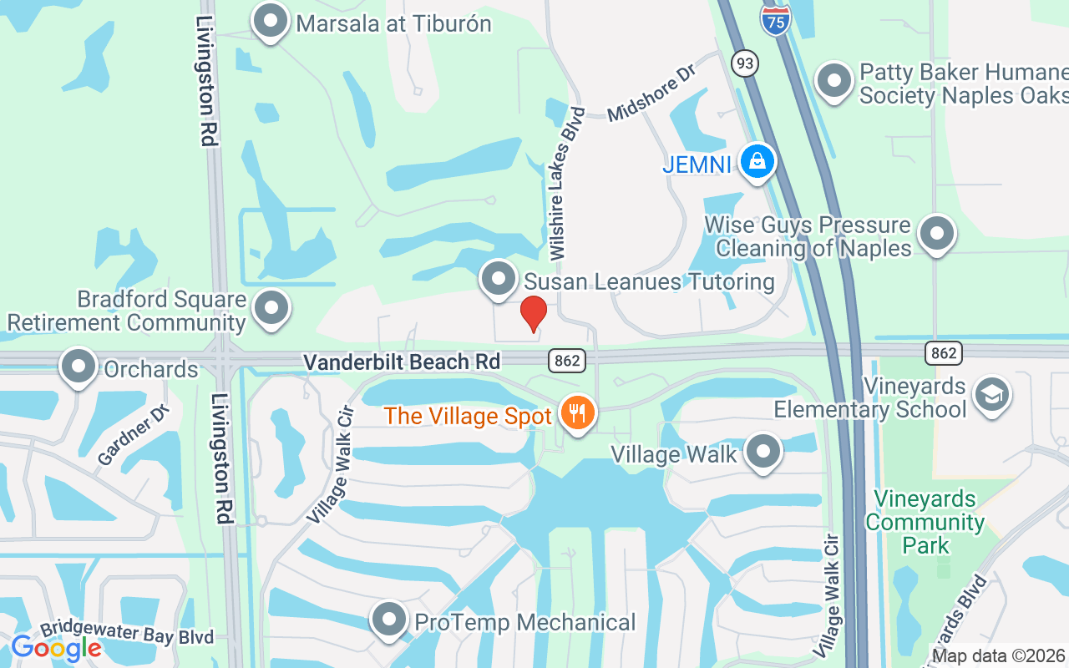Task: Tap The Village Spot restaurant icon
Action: (x=577, y=412)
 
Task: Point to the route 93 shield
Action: (x=743, y=63)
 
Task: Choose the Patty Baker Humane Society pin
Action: (x=833, y=81)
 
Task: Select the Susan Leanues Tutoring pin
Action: (x=499, y=279)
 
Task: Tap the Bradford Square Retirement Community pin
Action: (x=271, y=308)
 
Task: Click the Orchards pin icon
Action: (x=79, y=367)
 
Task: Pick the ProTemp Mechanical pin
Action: (x=388, y=620)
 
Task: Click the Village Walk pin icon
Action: (x=762, y=452)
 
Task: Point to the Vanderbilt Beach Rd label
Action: (x=402, y=362)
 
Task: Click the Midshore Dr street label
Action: (x=651, y=93)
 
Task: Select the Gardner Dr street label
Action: (x=134, y=435)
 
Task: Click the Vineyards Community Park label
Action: (x=925, y=523)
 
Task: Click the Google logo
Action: (x=56, y=648)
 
